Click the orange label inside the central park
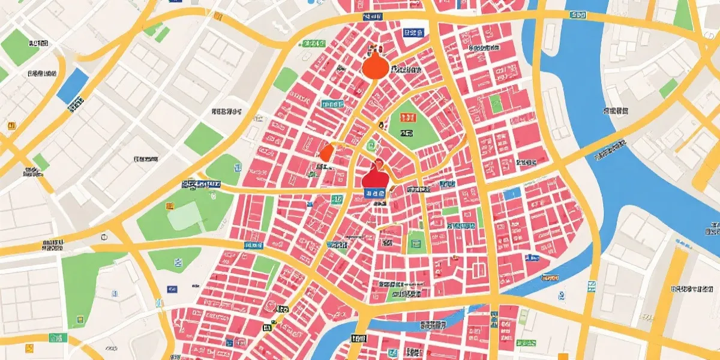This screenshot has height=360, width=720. pos(407,133)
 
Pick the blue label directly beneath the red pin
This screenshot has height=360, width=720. pos(375,193)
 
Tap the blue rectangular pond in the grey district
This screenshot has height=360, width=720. pos(73,85)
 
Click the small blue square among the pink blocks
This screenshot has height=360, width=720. pos(512,193)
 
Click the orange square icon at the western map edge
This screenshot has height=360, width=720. pos(10,125)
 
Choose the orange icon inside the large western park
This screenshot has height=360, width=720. pos(170,206)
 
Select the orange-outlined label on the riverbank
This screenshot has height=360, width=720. pos(549,278)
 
